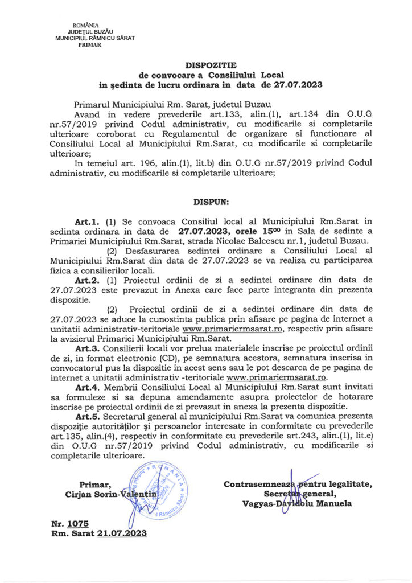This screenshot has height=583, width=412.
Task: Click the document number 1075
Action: (78, 523)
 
